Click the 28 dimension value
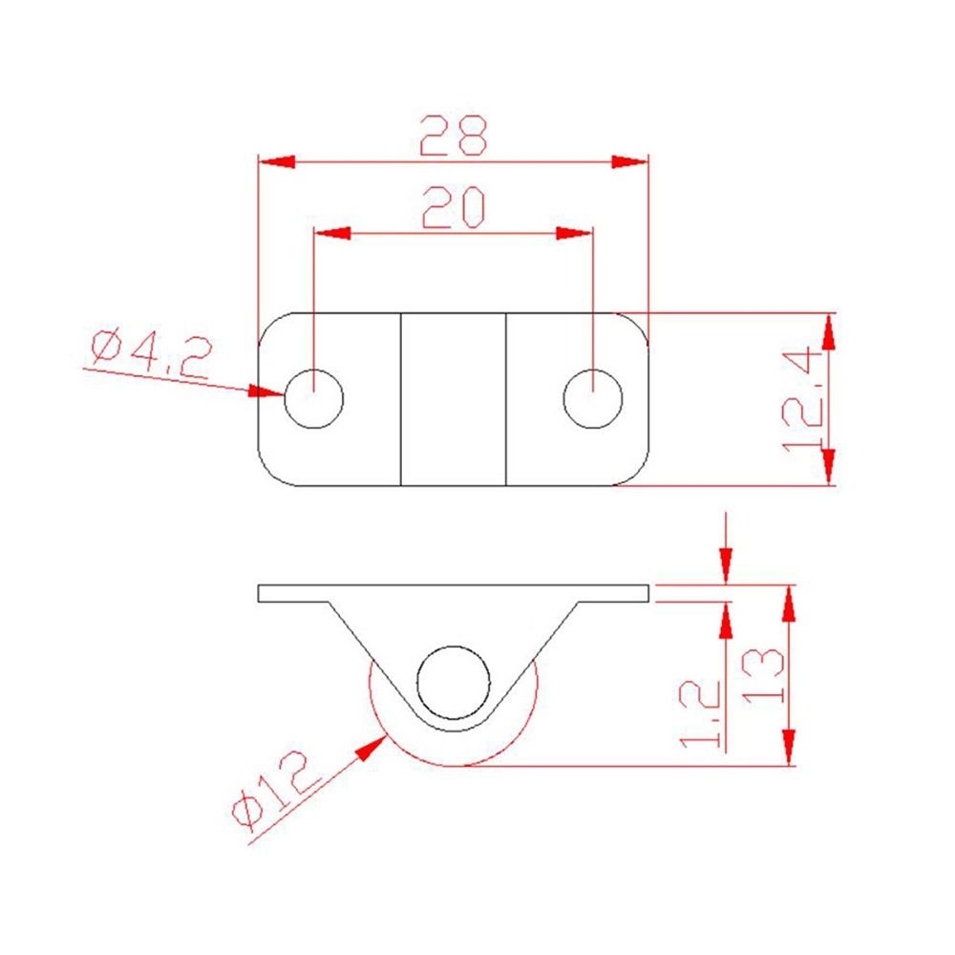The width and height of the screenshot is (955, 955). [454, 136]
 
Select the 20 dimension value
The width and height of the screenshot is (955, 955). [454, 207]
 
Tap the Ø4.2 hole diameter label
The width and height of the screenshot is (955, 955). [149, 354]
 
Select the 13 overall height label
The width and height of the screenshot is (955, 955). [763, 675]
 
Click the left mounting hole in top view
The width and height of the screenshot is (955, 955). [314, 398]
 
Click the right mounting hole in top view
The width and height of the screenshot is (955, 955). [593, 398]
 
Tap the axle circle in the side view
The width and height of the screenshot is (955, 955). [454, 682]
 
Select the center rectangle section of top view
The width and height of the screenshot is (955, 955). [453, 399]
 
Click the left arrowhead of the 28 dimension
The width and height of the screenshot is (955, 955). [276, 161]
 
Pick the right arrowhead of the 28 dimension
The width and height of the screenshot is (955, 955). [630, 161]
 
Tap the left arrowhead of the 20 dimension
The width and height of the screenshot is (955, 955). [332, 233]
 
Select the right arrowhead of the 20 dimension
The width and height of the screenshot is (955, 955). [575, 233]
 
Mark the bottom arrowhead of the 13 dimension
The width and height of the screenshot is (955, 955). [789, 748]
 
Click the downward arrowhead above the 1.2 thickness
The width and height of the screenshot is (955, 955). [727, 564]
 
